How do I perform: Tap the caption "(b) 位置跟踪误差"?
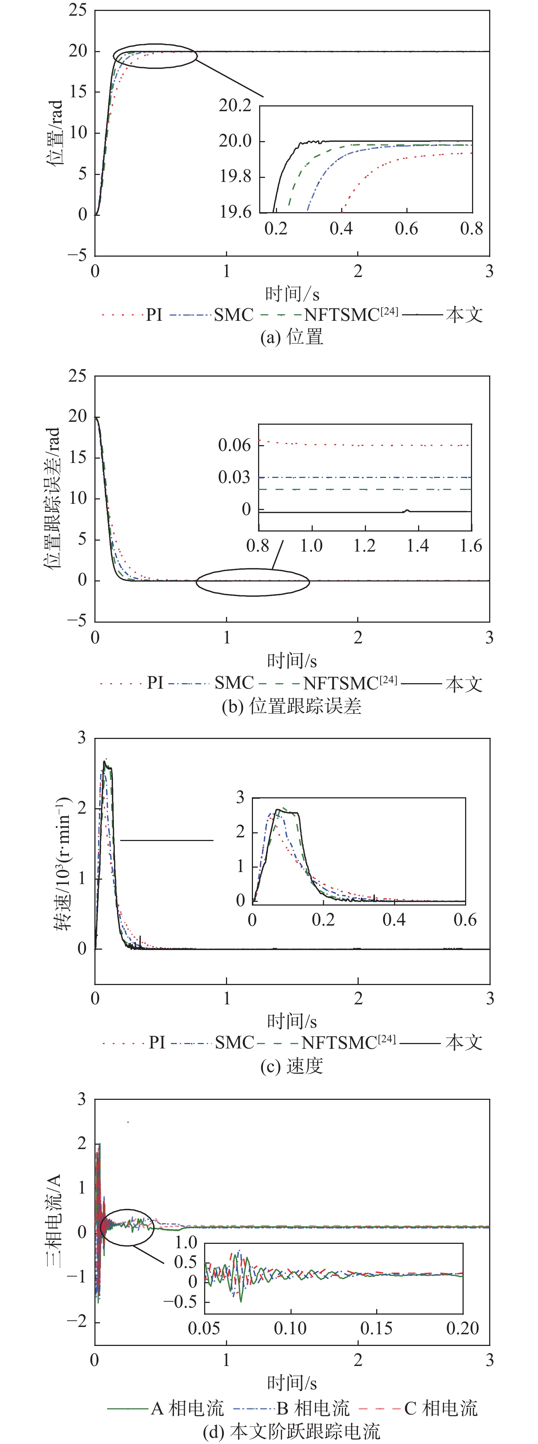(x=292, y=706)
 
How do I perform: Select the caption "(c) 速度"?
(x=292, y=1066)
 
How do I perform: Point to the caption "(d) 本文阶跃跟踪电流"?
(x=292, y=1431)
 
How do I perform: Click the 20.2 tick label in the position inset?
(x=235, y=105)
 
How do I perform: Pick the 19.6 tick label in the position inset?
(x=235, y=212)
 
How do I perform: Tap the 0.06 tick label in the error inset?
(x=234, y=445)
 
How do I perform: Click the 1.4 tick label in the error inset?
(x=417, y=545)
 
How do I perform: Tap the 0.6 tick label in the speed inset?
(x=465, y=919)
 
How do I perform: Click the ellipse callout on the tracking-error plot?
(x=253, y=582)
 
